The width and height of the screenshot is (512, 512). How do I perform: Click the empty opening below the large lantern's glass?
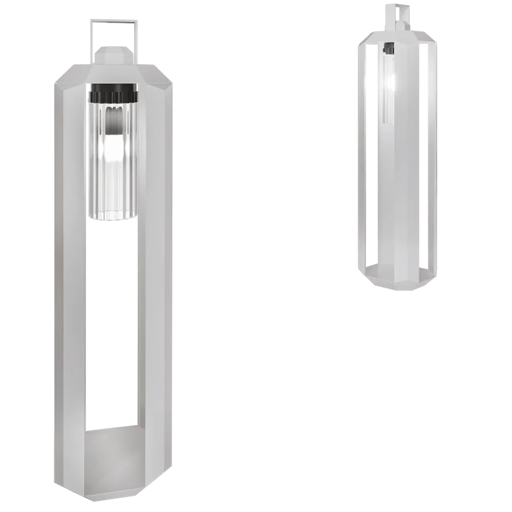pyautogui.click(x=114, y=328)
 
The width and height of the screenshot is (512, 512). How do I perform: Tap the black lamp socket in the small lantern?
pyautogui.click(x=389, y=49)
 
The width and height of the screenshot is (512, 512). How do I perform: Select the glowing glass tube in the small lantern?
pyautogui.click(x=389, y=87)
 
